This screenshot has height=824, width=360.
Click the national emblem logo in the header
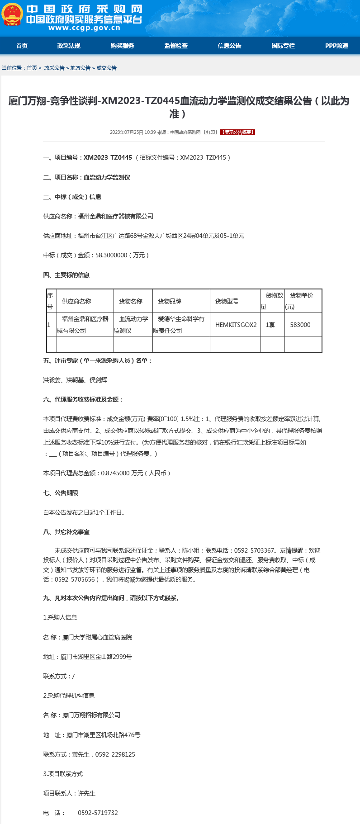pos(12,14)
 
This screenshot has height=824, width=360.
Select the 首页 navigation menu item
pos(22,46)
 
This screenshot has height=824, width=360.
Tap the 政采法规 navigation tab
pos(69,46)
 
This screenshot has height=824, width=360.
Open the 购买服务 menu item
pos(122,46)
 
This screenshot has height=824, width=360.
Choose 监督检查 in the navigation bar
pos(176,46)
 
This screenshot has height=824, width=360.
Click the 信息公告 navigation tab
pos(229,46)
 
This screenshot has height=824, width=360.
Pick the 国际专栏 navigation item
pos(283,46)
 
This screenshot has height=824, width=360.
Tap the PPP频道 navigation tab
pos(336,46)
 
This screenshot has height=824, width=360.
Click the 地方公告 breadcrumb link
pos(81,68)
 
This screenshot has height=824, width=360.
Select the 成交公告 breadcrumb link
pos(107,68)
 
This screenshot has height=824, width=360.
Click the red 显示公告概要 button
pos(237,133)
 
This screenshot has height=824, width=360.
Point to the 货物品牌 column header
pos(170,301)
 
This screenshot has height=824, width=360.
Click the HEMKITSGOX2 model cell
pos(236,325)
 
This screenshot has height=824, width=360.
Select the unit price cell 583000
pos(300,325)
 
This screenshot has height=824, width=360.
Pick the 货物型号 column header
pos(227,301)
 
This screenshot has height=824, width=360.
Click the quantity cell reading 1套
pos(270,325)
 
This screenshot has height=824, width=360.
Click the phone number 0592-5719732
pos(98,813)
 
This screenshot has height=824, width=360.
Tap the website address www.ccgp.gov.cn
pos(84,28)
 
